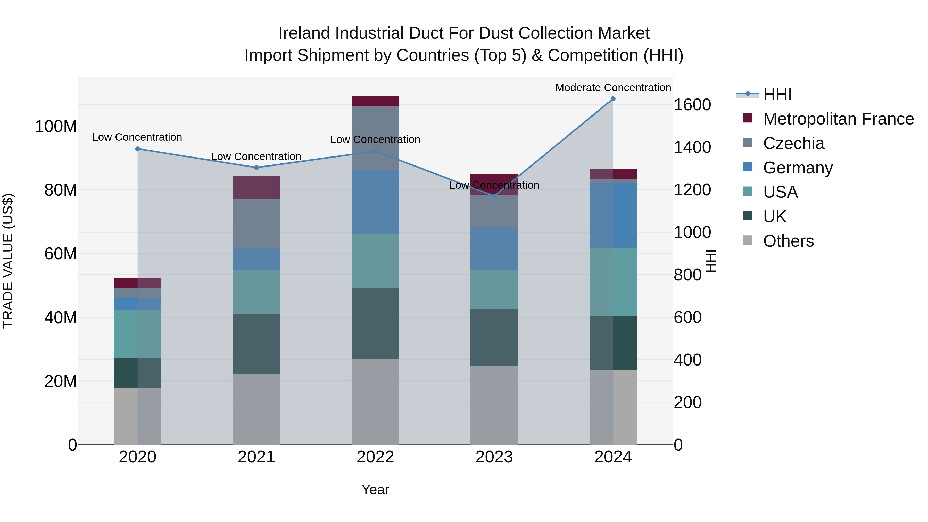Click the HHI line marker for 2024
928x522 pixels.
(613, 99)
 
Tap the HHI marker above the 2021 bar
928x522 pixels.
(256, 168)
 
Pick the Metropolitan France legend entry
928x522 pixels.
(838, 119)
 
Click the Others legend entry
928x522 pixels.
(788, 241)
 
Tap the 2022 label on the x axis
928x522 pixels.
(375, 457)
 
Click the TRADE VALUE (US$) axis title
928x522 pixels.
(8, 261)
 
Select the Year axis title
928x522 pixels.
(375, 490)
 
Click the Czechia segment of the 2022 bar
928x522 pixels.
(375, 138)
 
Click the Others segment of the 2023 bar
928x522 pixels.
(494, 405)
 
